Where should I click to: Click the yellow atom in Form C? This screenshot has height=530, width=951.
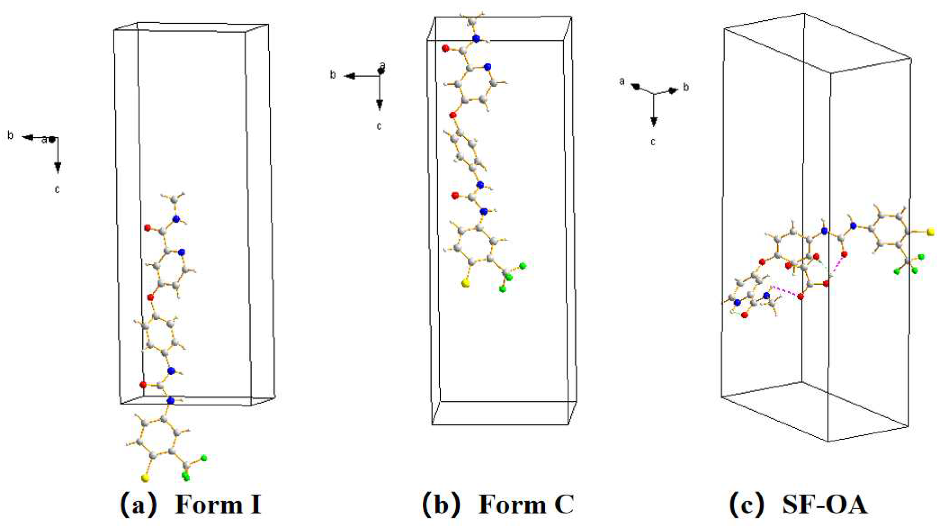click(466, 283)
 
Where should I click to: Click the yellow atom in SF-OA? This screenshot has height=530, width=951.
click(931, 232)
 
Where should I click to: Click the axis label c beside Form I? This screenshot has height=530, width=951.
click(57, 189)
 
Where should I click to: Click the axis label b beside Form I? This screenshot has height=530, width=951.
click(10, 136)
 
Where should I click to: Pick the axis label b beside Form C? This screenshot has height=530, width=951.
click(333, 75)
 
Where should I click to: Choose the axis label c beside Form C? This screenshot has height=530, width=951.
click(379, 126)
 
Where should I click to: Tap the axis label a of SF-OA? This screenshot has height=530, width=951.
click(622, 81)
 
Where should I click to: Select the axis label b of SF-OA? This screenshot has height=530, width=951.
click(686, 88)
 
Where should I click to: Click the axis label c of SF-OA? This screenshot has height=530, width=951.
click(653, 142)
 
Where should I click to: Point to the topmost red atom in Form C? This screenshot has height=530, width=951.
click(445, 48)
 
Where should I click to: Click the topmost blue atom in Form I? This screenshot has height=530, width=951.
click(176, 219)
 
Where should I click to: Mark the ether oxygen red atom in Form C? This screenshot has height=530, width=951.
click(453, 115)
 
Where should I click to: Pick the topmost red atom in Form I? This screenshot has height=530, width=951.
click(148, 228)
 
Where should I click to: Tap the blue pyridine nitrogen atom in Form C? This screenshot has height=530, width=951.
click(488, 67)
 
